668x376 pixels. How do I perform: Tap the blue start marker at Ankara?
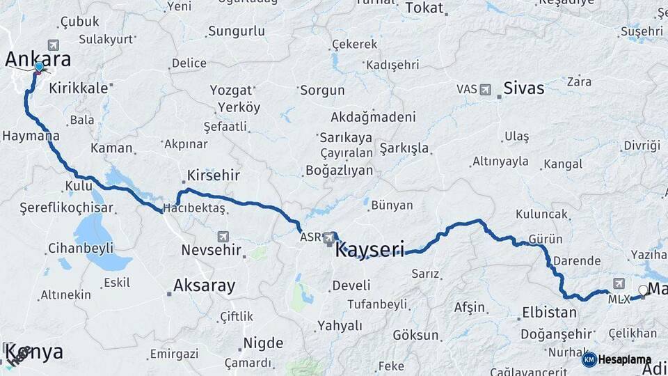pos(40,67)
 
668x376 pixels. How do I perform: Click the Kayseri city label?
pos(369,250)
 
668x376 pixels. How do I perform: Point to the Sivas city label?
pos(523,89)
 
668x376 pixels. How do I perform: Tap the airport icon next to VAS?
pos(485,89)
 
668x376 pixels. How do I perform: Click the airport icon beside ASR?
pos(328,239)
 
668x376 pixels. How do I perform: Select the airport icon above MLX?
pos(619,283)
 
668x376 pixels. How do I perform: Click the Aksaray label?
pos(204,285)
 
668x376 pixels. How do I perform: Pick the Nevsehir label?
pos(211,250)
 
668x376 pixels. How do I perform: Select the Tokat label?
pos(424,8)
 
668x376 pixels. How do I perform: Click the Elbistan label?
pos(549,313)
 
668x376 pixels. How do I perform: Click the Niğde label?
pos(262,343)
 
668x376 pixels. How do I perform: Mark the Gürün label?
pos(546,239)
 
